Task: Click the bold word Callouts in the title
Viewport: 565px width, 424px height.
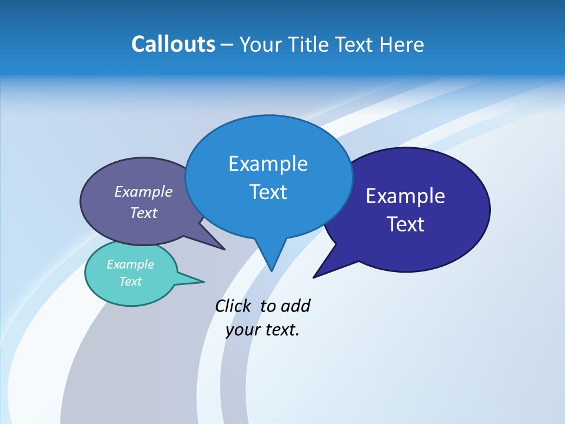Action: [173, 44]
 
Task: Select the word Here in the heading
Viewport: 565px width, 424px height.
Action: [402, 44]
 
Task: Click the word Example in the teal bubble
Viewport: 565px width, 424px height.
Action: [130, 264]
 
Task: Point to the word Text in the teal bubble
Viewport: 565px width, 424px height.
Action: [130, 281]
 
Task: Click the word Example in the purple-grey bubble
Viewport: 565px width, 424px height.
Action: [144, 192]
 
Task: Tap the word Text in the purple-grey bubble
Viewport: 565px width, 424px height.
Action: [144, 213]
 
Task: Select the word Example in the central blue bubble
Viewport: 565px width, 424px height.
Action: [268, 164]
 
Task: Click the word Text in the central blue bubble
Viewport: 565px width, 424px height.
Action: [268, 192]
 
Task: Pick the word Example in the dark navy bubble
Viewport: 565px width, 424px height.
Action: [406, 196]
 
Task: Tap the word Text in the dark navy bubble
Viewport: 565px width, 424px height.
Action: [406, 224]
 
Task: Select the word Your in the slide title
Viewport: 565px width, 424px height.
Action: [258, 44]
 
